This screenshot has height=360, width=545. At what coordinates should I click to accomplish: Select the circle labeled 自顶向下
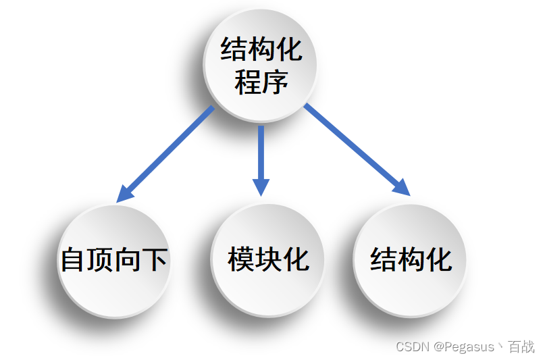coord(113,260)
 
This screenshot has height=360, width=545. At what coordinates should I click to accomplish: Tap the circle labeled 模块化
coord(268,259)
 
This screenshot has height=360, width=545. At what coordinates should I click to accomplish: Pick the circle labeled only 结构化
coord(410,259)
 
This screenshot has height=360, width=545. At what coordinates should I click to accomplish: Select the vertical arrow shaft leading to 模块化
coord(261,152)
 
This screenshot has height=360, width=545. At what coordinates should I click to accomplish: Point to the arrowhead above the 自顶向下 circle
coord(126,193)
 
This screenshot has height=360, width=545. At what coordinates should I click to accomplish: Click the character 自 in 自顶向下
coord(73,261)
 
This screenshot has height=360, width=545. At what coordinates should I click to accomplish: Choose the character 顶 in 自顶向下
coord(100,261)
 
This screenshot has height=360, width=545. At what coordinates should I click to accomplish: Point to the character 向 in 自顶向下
coord(127,261)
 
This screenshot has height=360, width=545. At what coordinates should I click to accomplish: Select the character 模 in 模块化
coord(241,260)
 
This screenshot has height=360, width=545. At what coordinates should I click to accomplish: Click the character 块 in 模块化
coord(268,260)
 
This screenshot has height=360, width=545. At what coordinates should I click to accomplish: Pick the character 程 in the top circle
coord(248,83)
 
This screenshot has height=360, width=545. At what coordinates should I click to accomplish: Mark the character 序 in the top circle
coord(275,83)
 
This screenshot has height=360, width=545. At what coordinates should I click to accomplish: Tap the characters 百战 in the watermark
coord(521,347)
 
